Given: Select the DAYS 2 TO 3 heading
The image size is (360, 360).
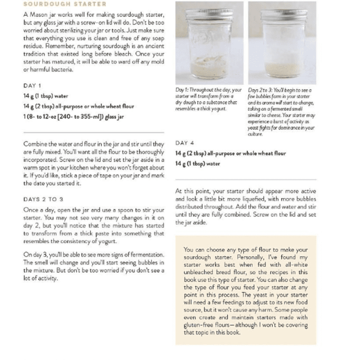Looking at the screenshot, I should pos(43,198).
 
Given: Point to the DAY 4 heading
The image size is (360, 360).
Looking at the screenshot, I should pos(184,143).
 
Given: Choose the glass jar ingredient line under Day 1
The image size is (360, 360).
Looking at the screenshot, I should pos(73,116).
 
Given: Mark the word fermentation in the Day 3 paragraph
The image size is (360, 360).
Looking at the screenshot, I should pos(142,254).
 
